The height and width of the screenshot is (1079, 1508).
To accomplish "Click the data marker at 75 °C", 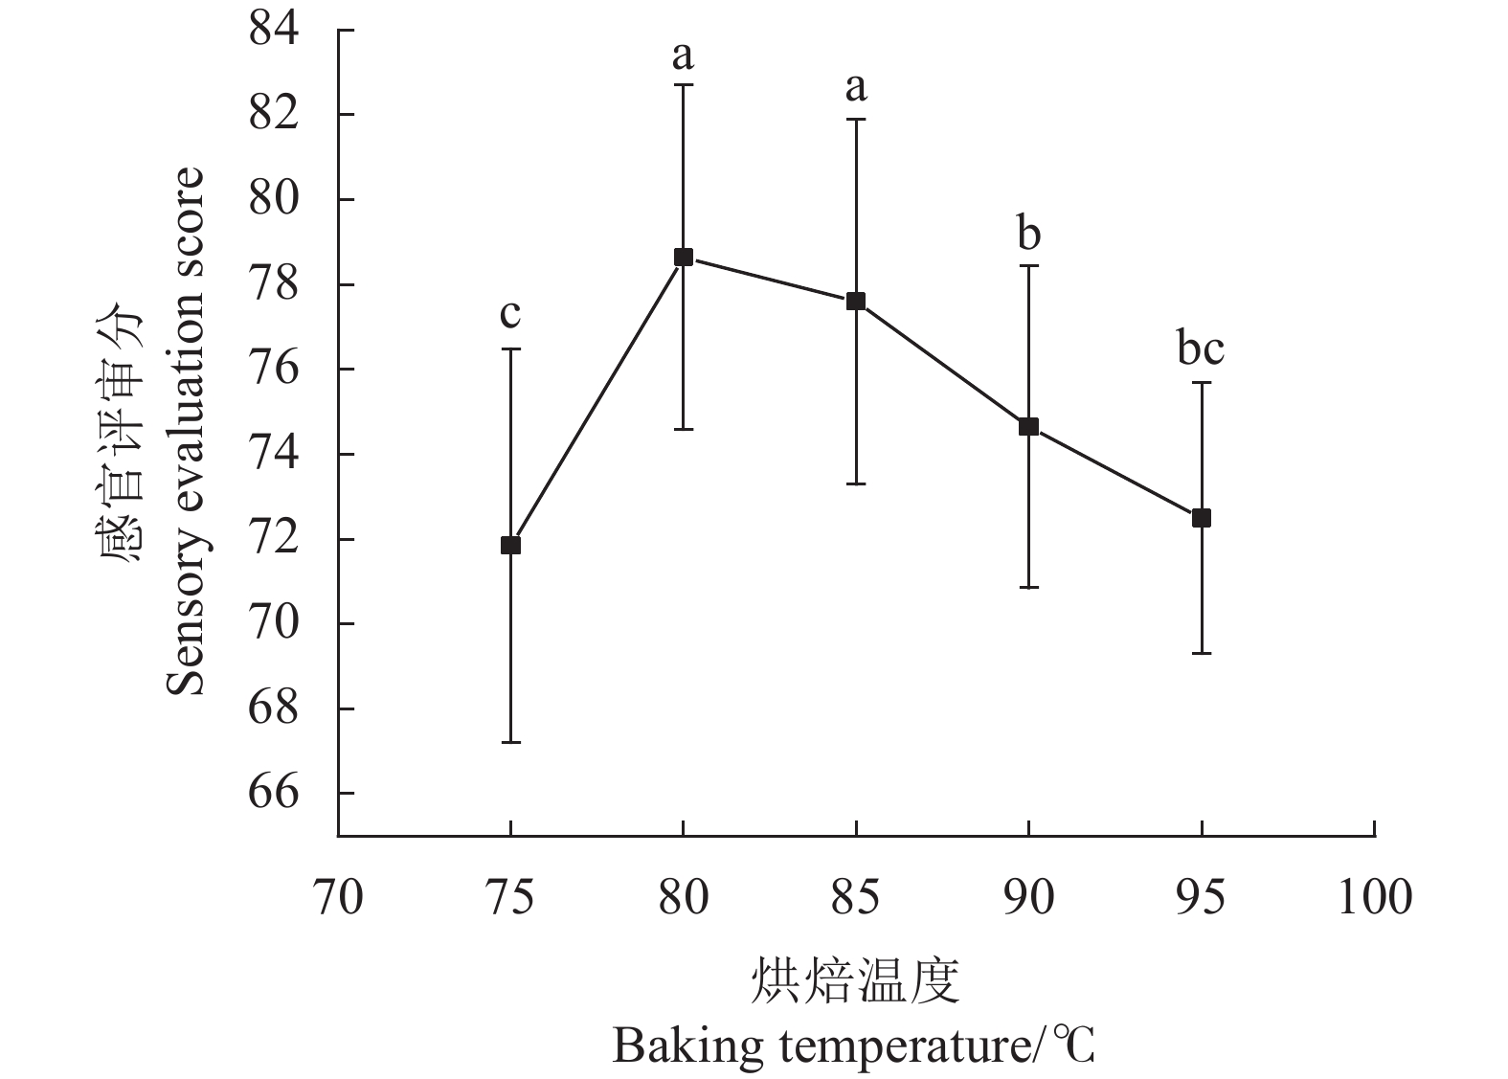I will pos(510,545).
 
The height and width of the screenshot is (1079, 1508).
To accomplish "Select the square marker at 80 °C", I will pos(684,257).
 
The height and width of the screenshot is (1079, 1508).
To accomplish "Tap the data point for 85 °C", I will pos(856,301).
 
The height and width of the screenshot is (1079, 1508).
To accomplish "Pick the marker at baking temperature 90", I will pos(1028,426).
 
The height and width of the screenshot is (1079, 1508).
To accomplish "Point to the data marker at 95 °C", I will pos(1202,518).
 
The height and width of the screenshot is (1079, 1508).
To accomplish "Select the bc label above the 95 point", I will pos(1201,349).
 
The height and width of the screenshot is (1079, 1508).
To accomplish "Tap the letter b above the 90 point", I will pos(1029,234).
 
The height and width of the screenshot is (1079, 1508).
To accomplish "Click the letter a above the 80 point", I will pos(683,56).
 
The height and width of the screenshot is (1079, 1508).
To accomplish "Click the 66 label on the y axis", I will pos(274,793).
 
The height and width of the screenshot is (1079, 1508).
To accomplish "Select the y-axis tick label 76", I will pos(274,369).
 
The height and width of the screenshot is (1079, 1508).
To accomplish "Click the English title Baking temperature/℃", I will pos(853,1046).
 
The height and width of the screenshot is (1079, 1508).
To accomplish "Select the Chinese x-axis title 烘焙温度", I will pos(855,980).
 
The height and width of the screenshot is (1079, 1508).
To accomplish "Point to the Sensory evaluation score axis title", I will pos(186,431).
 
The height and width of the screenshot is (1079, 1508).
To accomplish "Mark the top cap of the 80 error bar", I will pos(684,85).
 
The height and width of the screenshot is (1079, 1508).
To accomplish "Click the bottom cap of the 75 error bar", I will pos(510,742).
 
